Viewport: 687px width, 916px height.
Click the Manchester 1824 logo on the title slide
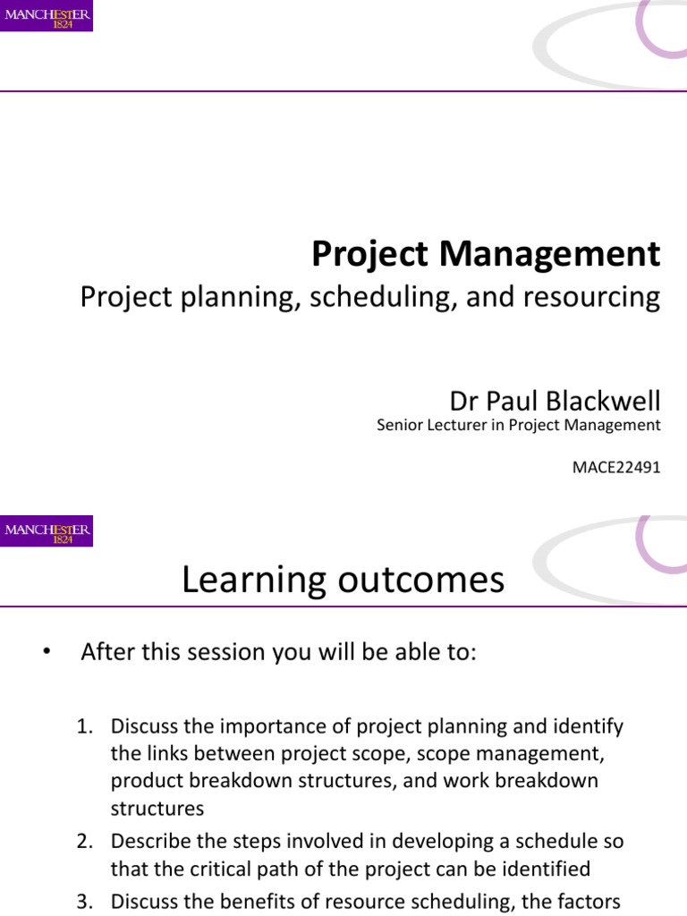pos(47,16)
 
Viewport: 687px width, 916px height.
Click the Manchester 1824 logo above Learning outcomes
pos(47,531)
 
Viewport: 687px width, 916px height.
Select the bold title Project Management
pos(486,255)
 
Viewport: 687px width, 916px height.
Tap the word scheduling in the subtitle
pos(375,298)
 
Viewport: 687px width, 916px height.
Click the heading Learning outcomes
pos(343,581)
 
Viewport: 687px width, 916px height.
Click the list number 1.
pos(84,726)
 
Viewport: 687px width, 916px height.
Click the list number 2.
pos(84,841)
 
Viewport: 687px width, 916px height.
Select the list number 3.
pos(84,903)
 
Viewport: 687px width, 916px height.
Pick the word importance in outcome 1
pos(273,726)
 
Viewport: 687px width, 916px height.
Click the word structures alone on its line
pos(157,809)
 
